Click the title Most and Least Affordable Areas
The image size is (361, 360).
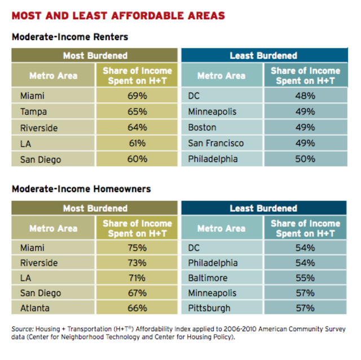coord(118,15)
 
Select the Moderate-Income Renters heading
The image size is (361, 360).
coord(70,37)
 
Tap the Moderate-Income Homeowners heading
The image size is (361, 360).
coord(81,190)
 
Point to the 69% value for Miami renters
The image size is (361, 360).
coord(137,96)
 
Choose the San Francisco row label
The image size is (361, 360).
coord(216,143)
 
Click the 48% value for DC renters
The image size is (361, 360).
coord(305,96)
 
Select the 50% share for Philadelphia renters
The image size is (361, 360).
coord(305,159)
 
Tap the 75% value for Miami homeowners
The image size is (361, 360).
coord(137,247)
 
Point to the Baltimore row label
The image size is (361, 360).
coord(208,278)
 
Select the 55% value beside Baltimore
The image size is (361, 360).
coord(305,278)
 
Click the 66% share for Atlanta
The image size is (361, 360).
coord(137,308)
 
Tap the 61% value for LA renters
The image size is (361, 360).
coord(137,143)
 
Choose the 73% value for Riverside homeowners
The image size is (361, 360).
coord(137,262)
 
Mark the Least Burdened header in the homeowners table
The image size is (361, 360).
coord(263,208)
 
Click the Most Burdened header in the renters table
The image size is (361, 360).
coord(95,55)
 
